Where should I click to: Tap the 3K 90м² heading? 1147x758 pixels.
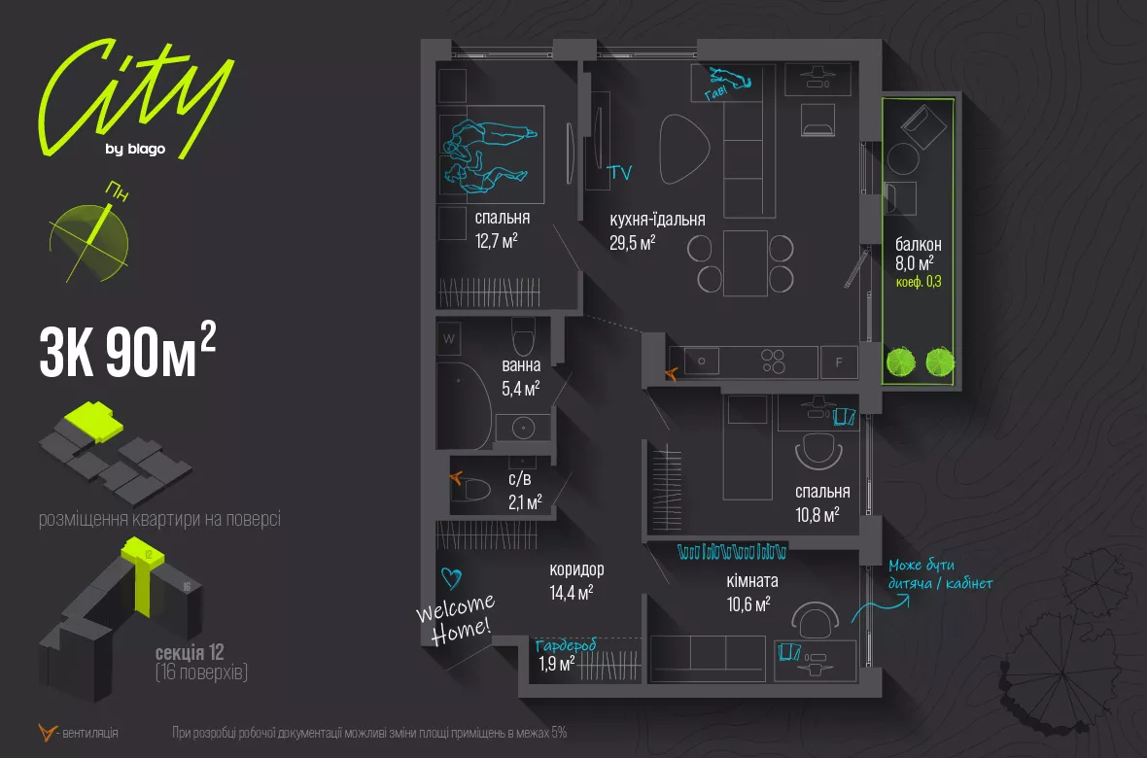pos(126,351)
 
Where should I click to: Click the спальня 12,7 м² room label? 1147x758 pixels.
pos(503,229)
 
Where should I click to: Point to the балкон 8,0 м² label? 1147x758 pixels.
pos(919,254)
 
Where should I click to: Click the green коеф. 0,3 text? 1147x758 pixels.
pos(919,282)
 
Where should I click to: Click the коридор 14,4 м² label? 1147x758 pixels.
pos(575,579)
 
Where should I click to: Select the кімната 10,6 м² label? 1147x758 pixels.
pos(751,591)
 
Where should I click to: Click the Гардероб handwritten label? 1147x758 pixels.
pos(565,644)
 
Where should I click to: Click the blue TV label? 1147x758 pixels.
pos(619,174)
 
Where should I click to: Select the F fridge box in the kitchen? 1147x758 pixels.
pos(839,362)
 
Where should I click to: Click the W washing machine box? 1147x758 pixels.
pos(449,339)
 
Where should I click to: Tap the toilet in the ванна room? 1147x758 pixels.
pos(523,337)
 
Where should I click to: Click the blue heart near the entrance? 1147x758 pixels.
pos(450,578)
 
